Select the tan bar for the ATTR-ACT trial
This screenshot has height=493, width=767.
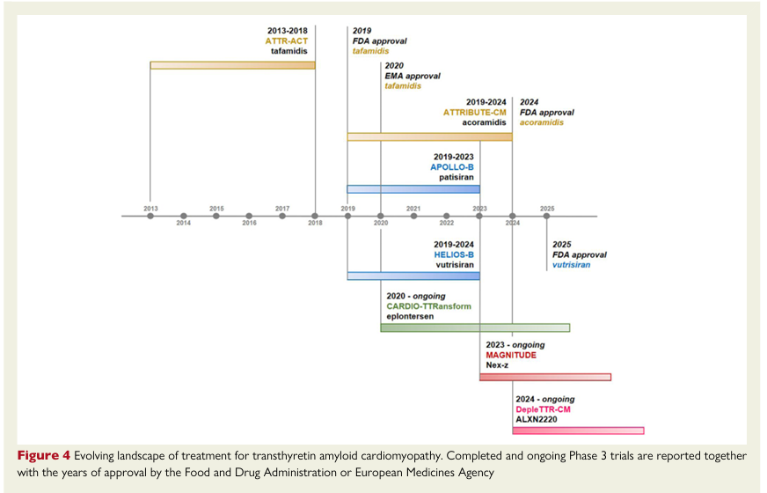coord(232,65)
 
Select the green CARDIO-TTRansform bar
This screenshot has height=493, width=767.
coord(475,327)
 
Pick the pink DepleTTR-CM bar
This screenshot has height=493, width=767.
coord(578,430)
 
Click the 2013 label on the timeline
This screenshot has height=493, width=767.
coord(150,208)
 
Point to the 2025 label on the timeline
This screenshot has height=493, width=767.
coord(547,208)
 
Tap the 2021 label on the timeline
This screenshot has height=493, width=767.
coord(413,208)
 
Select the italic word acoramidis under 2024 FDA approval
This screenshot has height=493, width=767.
coord(542,122)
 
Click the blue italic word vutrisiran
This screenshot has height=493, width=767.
coord(571,265)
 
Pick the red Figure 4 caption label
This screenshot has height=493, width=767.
coord(41,456)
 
